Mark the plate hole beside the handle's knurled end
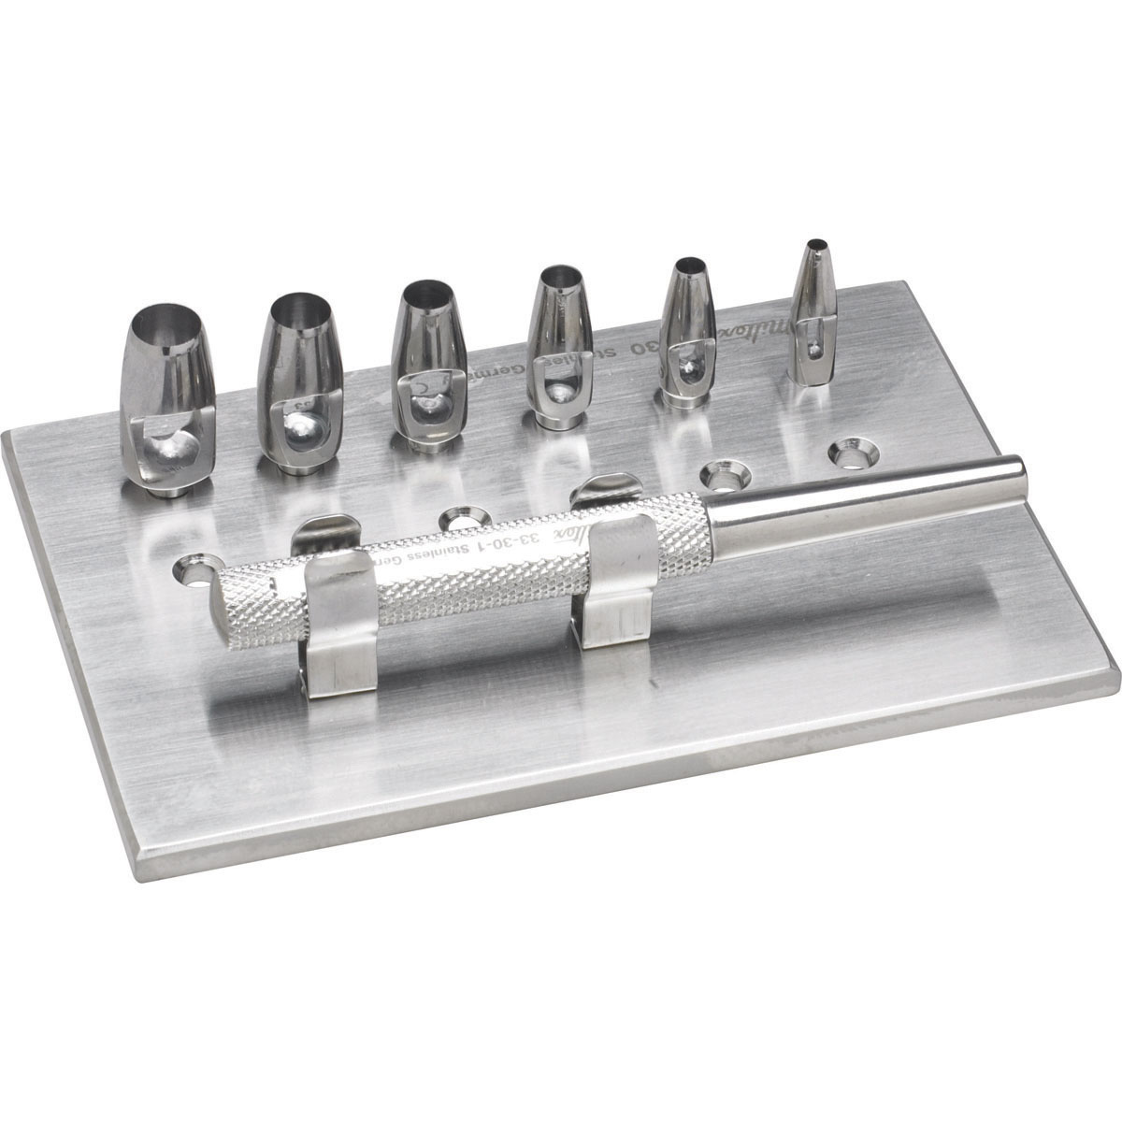[x=193, y=568]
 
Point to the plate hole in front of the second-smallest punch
[x=722, y=474]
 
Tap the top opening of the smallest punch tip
[x=817, y=248]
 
